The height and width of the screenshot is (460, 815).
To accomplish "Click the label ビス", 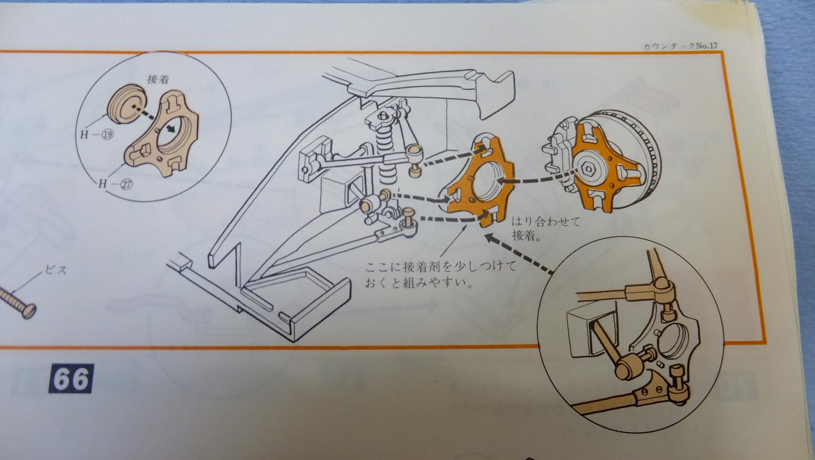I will pos(56,270).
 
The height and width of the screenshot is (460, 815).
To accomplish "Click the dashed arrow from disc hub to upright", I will pos(539,178).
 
